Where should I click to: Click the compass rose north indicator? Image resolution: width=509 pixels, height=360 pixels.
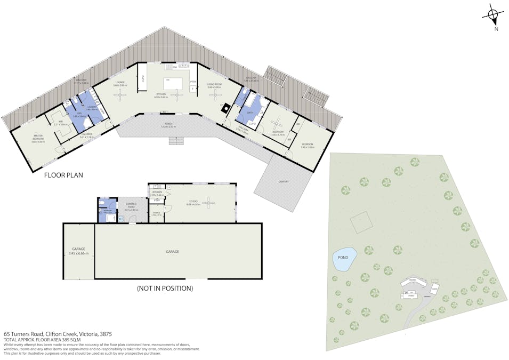coord(494,17)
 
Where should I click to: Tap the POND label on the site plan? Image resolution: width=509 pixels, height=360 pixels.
coord(343,258)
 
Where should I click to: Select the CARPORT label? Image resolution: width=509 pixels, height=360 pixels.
coord(284,181)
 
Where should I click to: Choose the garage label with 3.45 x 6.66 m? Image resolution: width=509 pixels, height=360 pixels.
coord(78,251)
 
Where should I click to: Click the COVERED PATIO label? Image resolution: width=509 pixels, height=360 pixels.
coord(131,206)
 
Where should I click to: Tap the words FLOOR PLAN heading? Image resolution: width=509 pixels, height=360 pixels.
coord(63,174)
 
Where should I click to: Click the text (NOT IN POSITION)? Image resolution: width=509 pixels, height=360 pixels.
coord(165,288)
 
